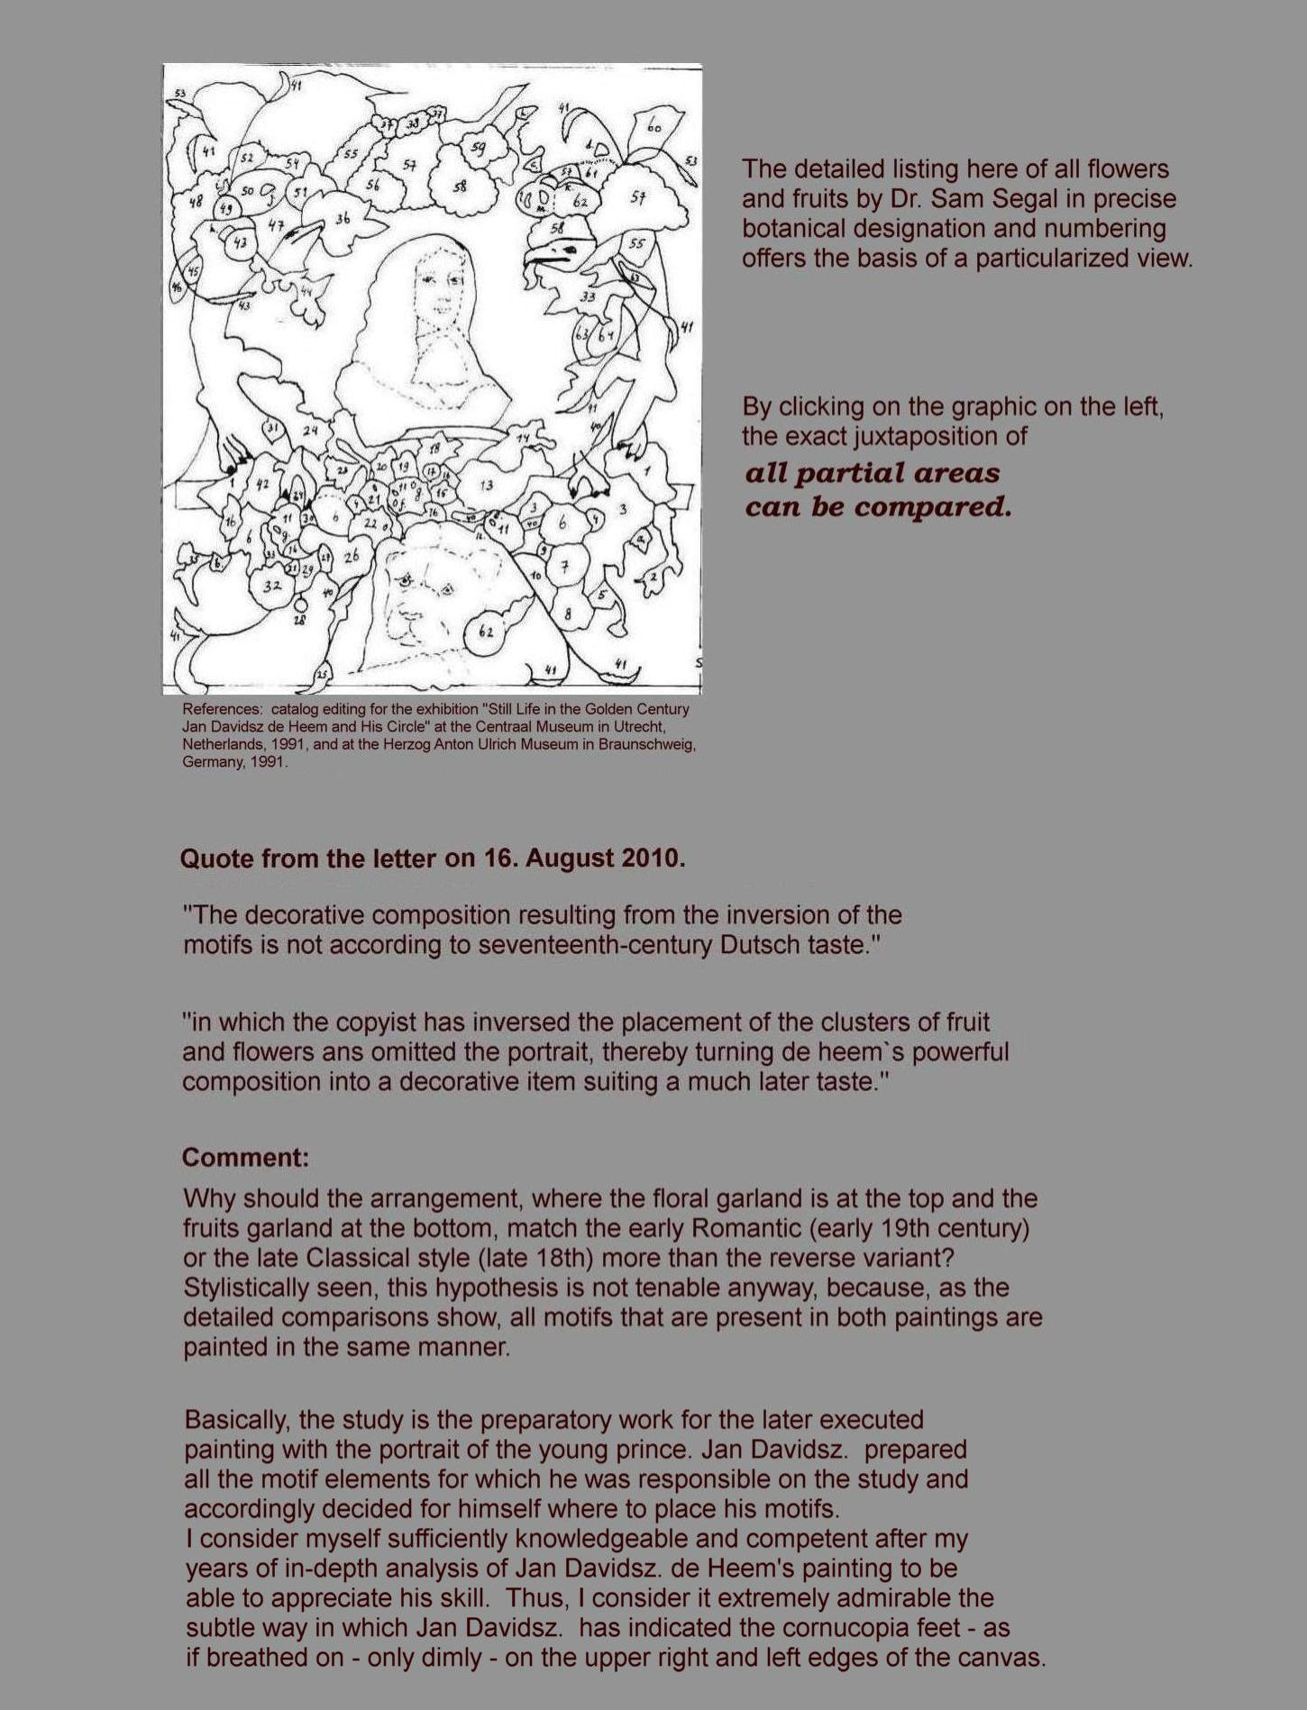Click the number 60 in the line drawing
click(653, 127)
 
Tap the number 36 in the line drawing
click(343, 218)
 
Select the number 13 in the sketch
click(486, 486)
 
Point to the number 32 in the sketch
click(272, 586)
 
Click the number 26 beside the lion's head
click(351, 556)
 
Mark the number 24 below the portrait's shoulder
click(311, 431)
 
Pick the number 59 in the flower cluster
click(478, 149)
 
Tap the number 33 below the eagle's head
click(588, 296)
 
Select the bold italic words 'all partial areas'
click(872, 473)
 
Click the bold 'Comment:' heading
click(233, 1158)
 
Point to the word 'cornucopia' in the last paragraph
click(855, 1628)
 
